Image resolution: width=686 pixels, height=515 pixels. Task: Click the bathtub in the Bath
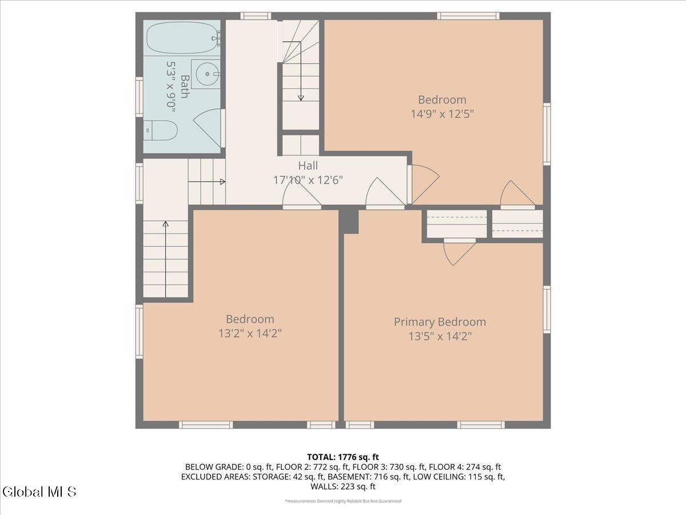(x=182, y=38)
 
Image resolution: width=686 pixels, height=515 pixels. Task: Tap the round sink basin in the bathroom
(x=207, y=74)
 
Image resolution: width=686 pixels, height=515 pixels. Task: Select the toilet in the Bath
(x=161, y=130)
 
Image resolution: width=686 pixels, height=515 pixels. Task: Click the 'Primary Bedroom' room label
(x=440, y=322)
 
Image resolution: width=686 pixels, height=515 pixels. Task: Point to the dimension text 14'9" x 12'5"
(x=442, y=114)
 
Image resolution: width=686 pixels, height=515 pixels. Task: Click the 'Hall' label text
(x=308, y=165)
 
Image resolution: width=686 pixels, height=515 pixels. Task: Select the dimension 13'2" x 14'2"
(x=250, y=334)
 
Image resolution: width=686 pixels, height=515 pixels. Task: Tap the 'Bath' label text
(x=185, y=86)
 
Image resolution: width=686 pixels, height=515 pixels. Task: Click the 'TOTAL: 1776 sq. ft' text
(x=343, y=457)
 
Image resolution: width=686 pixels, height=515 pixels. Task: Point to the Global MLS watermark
(x=39, y=492)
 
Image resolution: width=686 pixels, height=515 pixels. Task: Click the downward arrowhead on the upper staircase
(x=301, y=98)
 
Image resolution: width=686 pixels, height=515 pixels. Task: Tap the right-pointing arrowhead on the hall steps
(x=222, y=181)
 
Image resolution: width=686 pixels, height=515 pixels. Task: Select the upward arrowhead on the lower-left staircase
(x=166, y=224)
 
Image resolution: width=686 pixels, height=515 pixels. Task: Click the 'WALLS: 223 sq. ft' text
(x=343, y=486)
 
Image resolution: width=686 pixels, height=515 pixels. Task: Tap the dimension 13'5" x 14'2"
(x=440, y=336)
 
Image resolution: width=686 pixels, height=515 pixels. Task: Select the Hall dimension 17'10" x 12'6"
(x=308, y=180)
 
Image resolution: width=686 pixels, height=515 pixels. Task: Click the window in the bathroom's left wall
(x=139, y=97)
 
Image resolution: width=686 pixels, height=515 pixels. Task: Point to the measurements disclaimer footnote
(x=343, y=501)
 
